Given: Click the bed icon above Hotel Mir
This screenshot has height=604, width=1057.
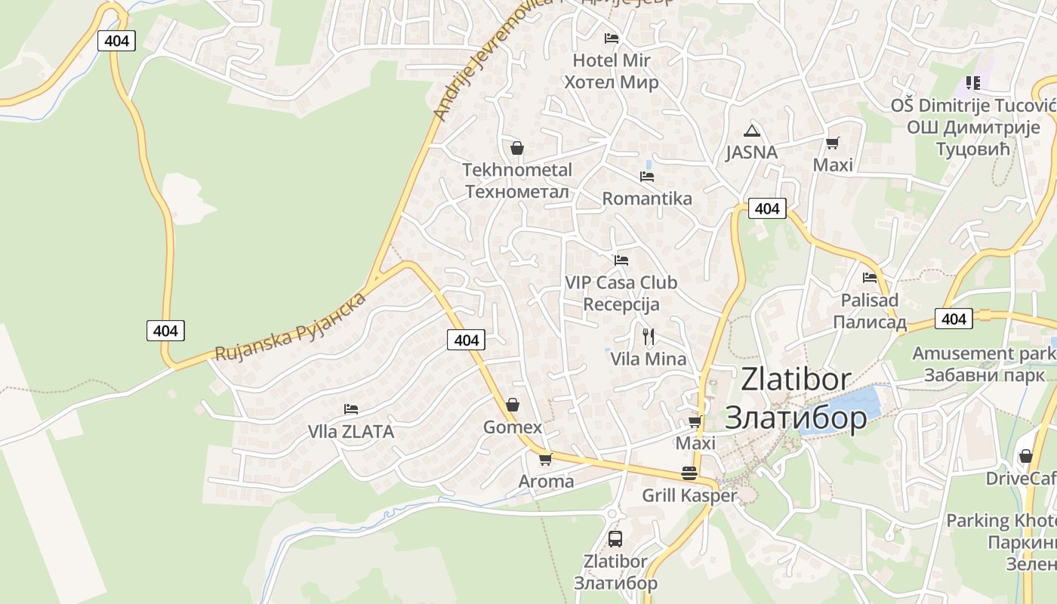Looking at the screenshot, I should tap(612, 39).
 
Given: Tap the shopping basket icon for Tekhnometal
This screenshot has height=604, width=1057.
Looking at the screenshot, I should tap(517, 148).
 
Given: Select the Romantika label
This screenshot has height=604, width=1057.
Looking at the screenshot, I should tap(647, 199).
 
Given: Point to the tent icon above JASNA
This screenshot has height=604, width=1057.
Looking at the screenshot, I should tap(750, 130).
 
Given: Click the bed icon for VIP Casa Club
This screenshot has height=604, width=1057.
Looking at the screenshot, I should tap(621, 260).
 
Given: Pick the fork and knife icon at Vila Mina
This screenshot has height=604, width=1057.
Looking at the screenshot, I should tap(648, 336).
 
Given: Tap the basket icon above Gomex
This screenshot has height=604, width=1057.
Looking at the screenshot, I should tap(513, 405).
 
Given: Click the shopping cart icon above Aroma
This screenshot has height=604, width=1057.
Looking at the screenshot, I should tap(545, 459).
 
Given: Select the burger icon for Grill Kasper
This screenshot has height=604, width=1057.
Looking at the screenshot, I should tap(689, 473).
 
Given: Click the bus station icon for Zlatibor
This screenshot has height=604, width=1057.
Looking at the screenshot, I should tap(615, 539).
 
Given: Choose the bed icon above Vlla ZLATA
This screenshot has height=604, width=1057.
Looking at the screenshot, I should tap(351, 409).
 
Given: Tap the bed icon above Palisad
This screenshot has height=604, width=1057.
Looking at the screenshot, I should tap(870, 278).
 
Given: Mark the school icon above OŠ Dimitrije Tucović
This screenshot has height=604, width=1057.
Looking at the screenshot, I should tap(972, 82).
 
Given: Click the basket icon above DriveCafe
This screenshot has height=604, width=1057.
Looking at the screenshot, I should tap(1025, 457).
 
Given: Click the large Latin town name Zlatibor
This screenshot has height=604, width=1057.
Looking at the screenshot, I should tap(796, 379).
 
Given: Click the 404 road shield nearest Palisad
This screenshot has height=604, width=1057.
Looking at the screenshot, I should tap(954, 319).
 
